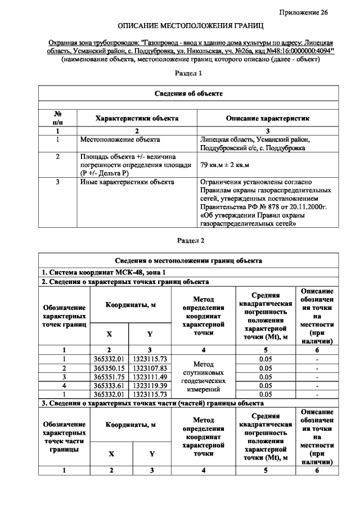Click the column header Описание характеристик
267,119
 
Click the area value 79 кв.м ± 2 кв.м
225,165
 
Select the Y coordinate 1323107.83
150,368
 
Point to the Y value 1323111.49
150,377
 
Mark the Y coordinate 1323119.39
150,386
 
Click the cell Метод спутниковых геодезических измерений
205,377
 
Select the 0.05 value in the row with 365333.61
265,386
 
